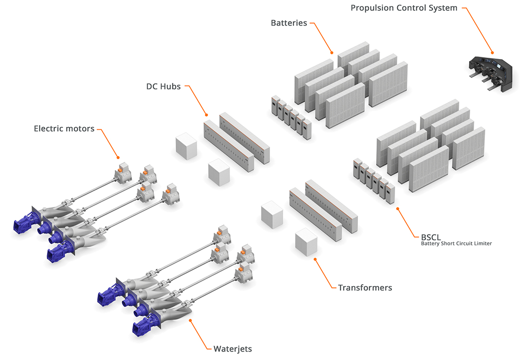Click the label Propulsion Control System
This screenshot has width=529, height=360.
tap(404, 8)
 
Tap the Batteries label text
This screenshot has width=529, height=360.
tap(289, 23)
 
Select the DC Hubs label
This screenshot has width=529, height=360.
tap(163, 87)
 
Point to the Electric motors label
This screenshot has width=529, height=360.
tap(64, 128)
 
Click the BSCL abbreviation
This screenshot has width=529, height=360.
tap(431, 236)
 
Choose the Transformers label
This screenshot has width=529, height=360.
tap(365, 287)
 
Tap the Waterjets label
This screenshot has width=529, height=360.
tap(232, 348)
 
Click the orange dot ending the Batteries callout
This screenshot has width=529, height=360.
tap(332, 52)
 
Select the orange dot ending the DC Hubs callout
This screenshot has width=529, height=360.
tap(207, 114)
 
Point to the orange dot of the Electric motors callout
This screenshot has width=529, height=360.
tap(118, 157)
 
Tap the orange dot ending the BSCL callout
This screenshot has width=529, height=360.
tap(397, 208)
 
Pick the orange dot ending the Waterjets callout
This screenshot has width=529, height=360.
tap(190, 320)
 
